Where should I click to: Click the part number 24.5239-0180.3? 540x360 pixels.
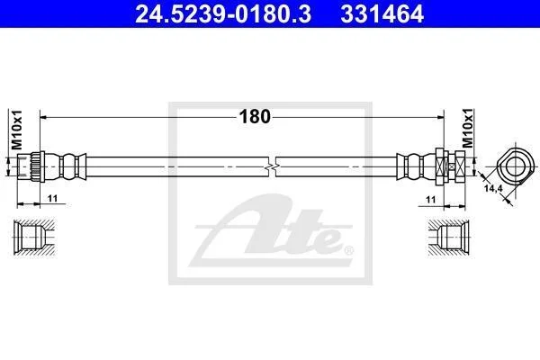tap(223, 14)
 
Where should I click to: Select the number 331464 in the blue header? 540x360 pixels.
tap(382, 14)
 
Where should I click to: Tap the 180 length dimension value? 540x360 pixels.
tap(255, 116)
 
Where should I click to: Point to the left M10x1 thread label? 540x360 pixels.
tap(16, 130)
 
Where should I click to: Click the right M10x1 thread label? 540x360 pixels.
tap(468, 128)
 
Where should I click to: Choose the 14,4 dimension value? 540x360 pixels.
tap(493, 188)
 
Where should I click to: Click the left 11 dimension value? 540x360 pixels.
tap(53, 198)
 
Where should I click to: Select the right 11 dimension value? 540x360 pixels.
tap(430, 200)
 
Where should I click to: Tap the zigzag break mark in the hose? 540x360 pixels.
tap(272, 166)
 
